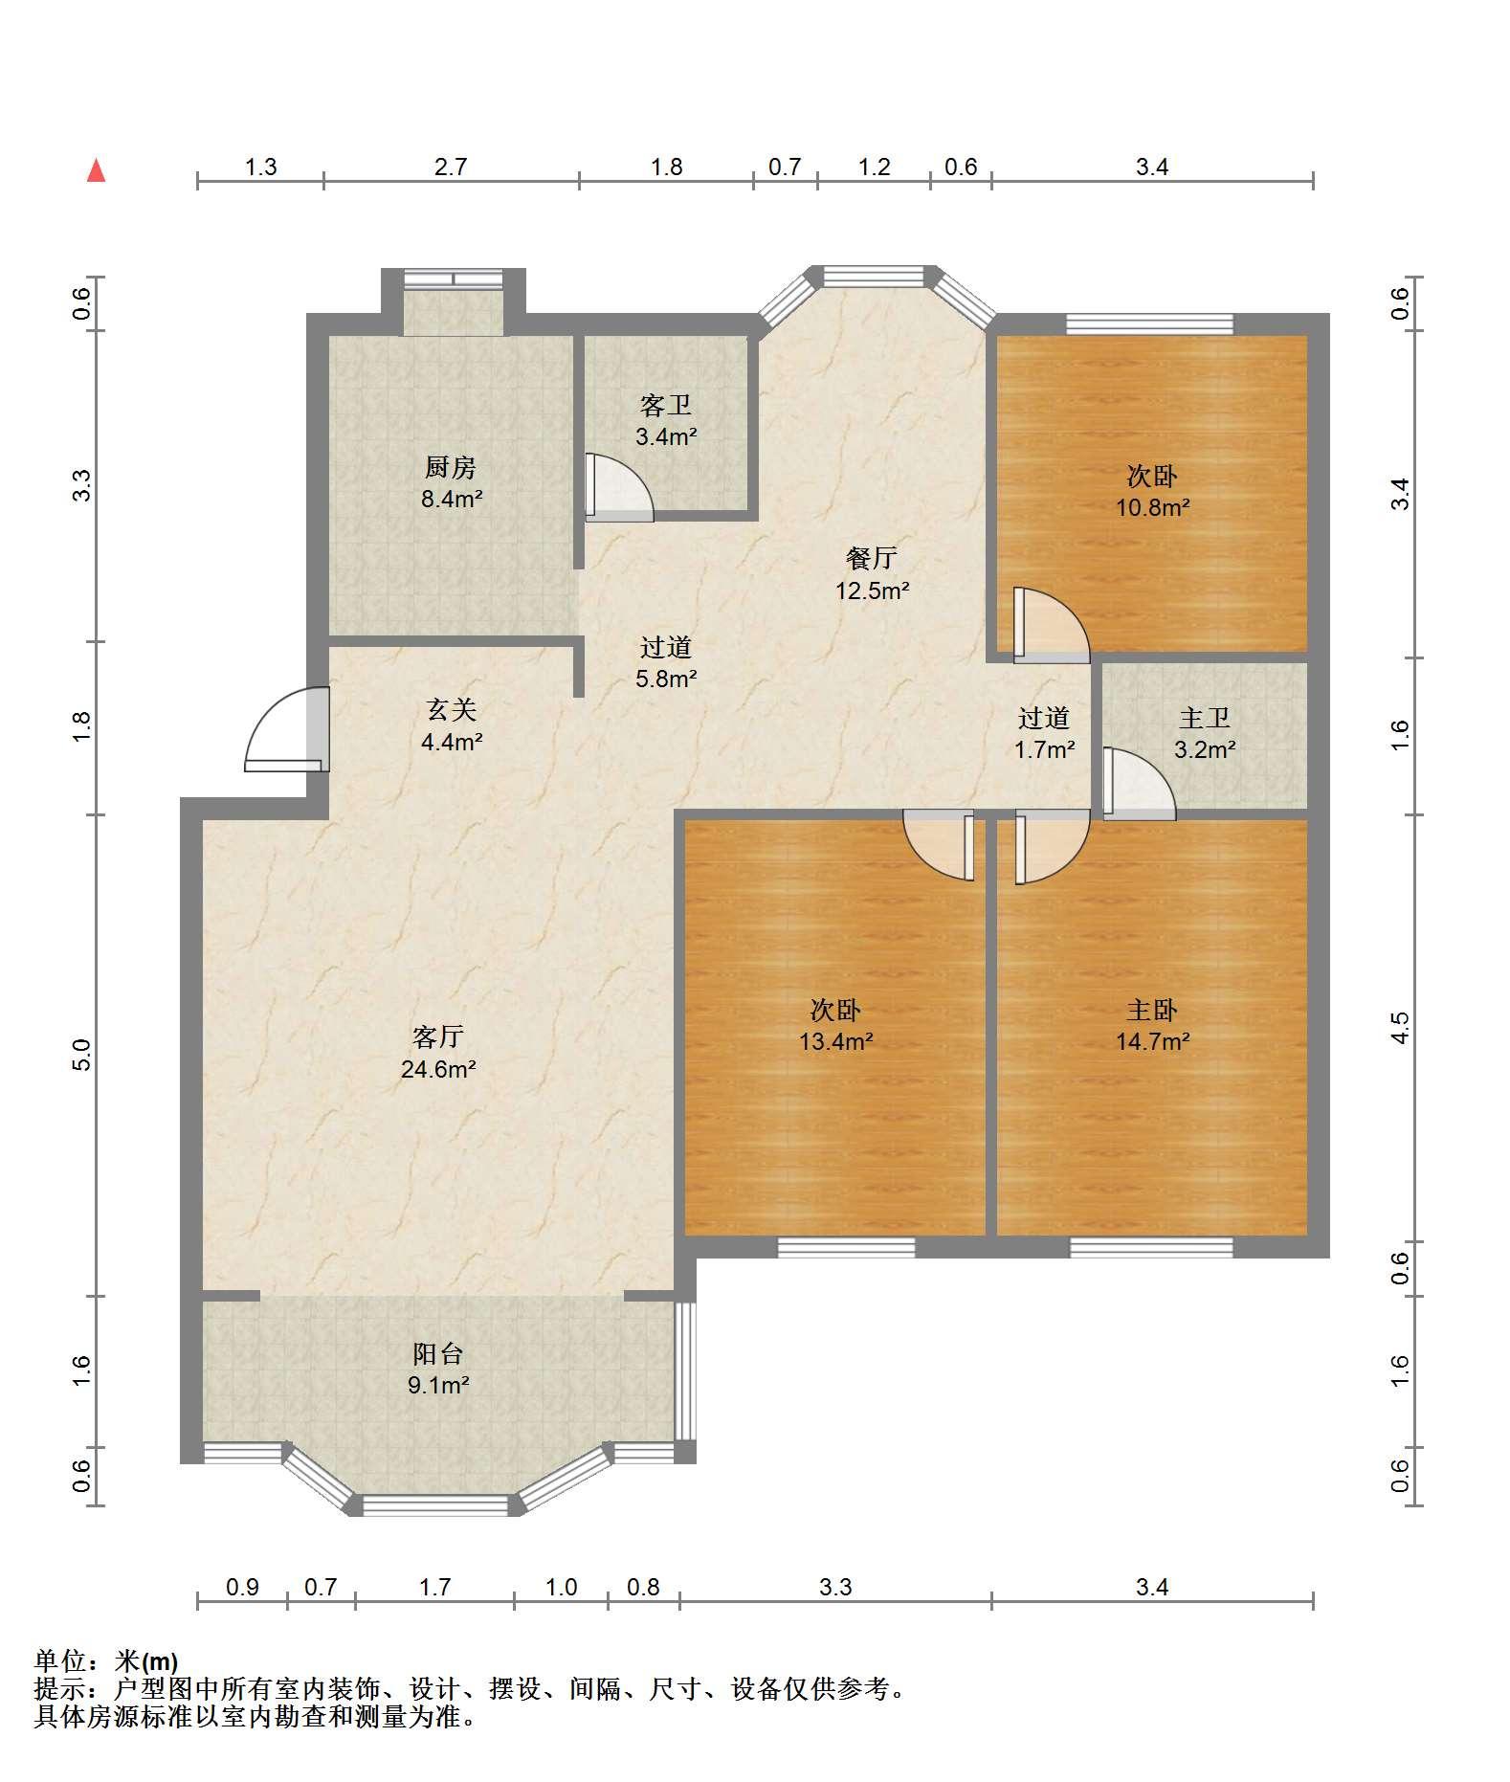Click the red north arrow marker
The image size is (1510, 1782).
[x=96, y=170]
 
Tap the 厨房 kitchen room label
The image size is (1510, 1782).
[x=452, y=483]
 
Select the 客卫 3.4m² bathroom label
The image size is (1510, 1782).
[x=666, y=421]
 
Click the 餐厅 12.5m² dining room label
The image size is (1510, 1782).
[x=872, y=573]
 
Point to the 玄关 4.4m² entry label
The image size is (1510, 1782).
[x=452, y=724]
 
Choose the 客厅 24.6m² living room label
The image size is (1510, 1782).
[x=438, y=1052]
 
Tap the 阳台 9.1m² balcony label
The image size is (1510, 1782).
[x=438, y=1369]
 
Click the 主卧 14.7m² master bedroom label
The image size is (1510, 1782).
[x=1152, y=1025]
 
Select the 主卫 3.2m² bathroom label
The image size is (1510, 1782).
[x=1204, y=733]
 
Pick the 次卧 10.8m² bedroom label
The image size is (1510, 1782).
[x=1152, y=491]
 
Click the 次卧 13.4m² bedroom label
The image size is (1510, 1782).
[x=835, y=1025]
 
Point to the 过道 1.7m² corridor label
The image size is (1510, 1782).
[x=1044, y=733]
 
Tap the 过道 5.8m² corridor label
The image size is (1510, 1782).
[x=666, y=663]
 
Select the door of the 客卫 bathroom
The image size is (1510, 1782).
[x=619, y=487]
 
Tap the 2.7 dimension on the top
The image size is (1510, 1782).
[x=451, y=167]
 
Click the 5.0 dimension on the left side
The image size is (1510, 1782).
[x=82, y=1055]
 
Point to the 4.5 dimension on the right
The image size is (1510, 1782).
[x=1400, y=1028]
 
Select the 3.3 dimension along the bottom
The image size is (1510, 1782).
[x=835, y=1588]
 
